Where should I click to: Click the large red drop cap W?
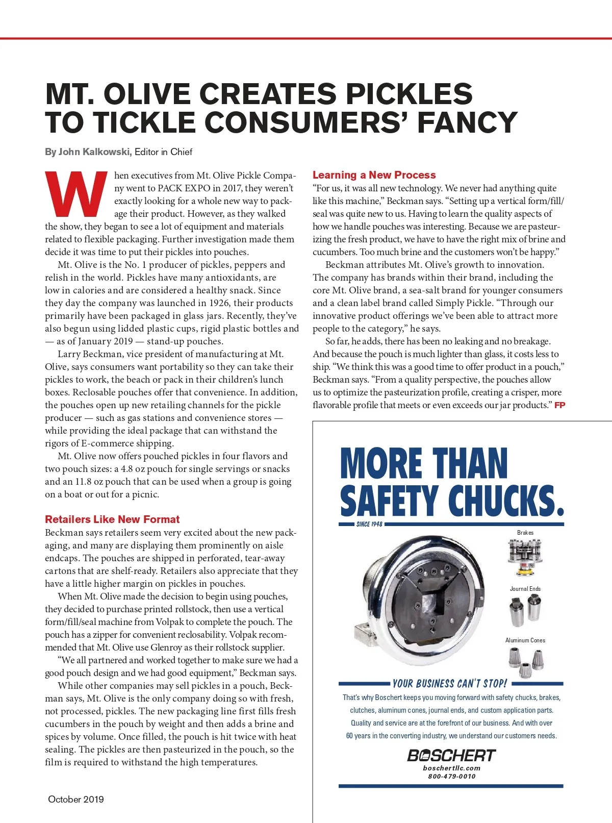(x=76, y=194)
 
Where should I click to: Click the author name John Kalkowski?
(x=95, y=152)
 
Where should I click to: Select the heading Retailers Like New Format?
(x=112, y=519)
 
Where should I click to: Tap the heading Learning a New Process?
(x=374, y=175)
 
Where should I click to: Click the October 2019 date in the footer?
(x=75, y=800)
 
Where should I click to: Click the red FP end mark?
(x=559, y=405)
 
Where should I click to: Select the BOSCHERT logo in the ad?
(x=451, y=756)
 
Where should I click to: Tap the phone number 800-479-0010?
(x=451, y=777)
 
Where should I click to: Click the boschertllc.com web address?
(x=451, y=768)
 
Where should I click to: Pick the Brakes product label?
(x=525, y=533)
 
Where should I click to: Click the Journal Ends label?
(x=525, y=589)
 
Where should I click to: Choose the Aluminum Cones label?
(x=525, y=640)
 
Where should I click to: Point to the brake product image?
(x=525, y=556)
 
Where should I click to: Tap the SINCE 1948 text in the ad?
(x=369, y=524)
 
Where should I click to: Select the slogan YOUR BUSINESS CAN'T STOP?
(x=450, y=684)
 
